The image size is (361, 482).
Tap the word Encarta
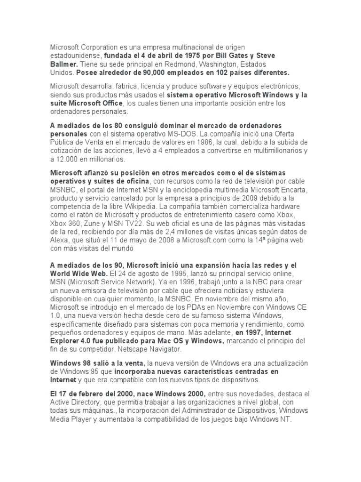click(292, 189)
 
